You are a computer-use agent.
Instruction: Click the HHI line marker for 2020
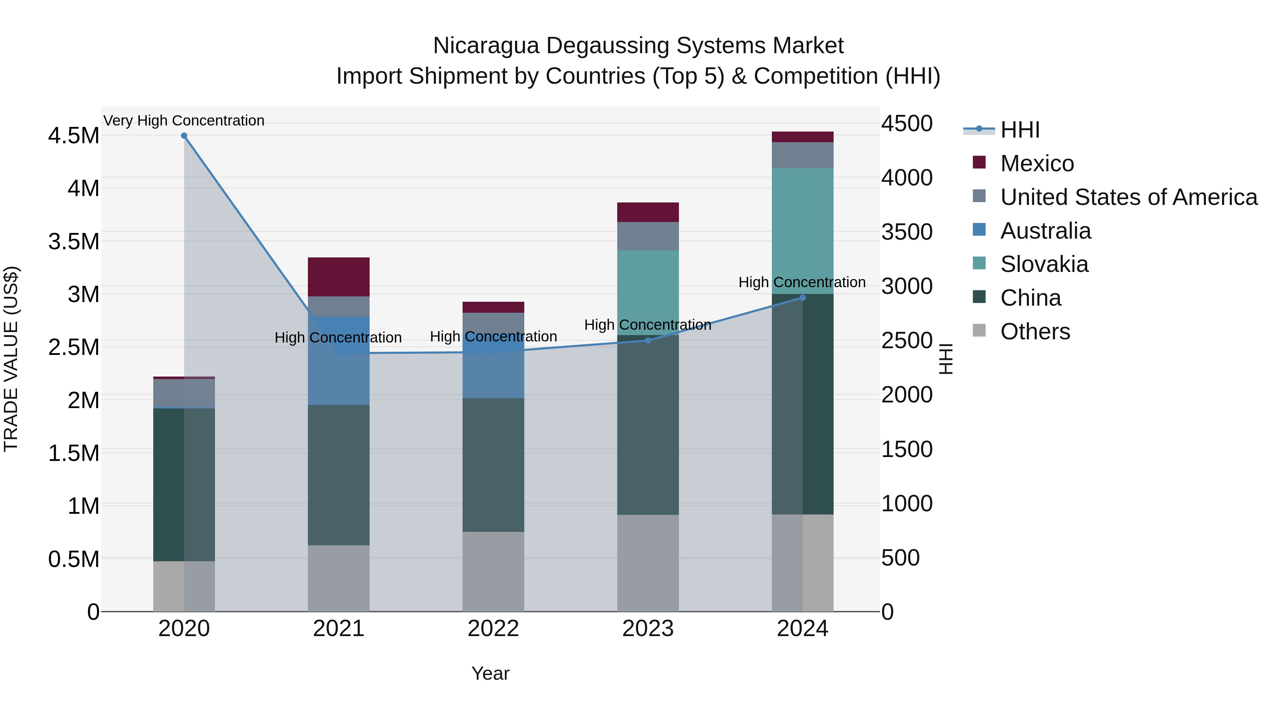(x=184, y=136)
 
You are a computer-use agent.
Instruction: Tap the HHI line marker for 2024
(x=803, y=298)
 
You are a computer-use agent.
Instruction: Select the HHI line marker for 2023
(x=648, y=340)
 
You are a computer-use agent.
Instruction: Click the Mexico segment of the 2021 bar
(x=339, y=277)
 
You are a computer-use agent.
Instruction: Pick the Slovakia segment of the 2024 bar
(x=803, y=231)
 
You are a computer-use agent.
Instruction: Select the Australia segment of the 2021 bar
(x=339, y=361)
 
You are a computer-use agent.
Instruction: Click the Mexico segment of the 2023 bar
(x=648, y=212)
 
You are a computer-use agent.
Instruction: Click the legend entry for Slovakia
(x=1044, y=264)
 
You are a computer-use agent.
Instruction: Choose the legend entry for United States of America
(x=1128, y=197)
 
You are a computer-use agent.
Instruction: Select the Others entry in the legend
(x=1035, y=332)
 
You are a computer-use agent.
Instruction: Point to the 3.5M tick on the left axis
(x=73, y=242)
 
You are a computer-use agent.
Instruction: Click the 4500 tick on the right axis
(x=907, y=123)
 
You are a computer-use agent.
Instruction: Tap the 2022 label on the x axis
(x=493, y=629)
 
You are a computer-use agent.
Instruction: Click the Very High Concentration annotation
(x=184, y=121)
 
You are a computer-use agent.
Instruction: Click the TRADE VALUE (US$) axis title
(x=11, y=359)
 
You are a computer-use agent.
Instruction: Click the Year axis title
(x=490, y=673)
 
